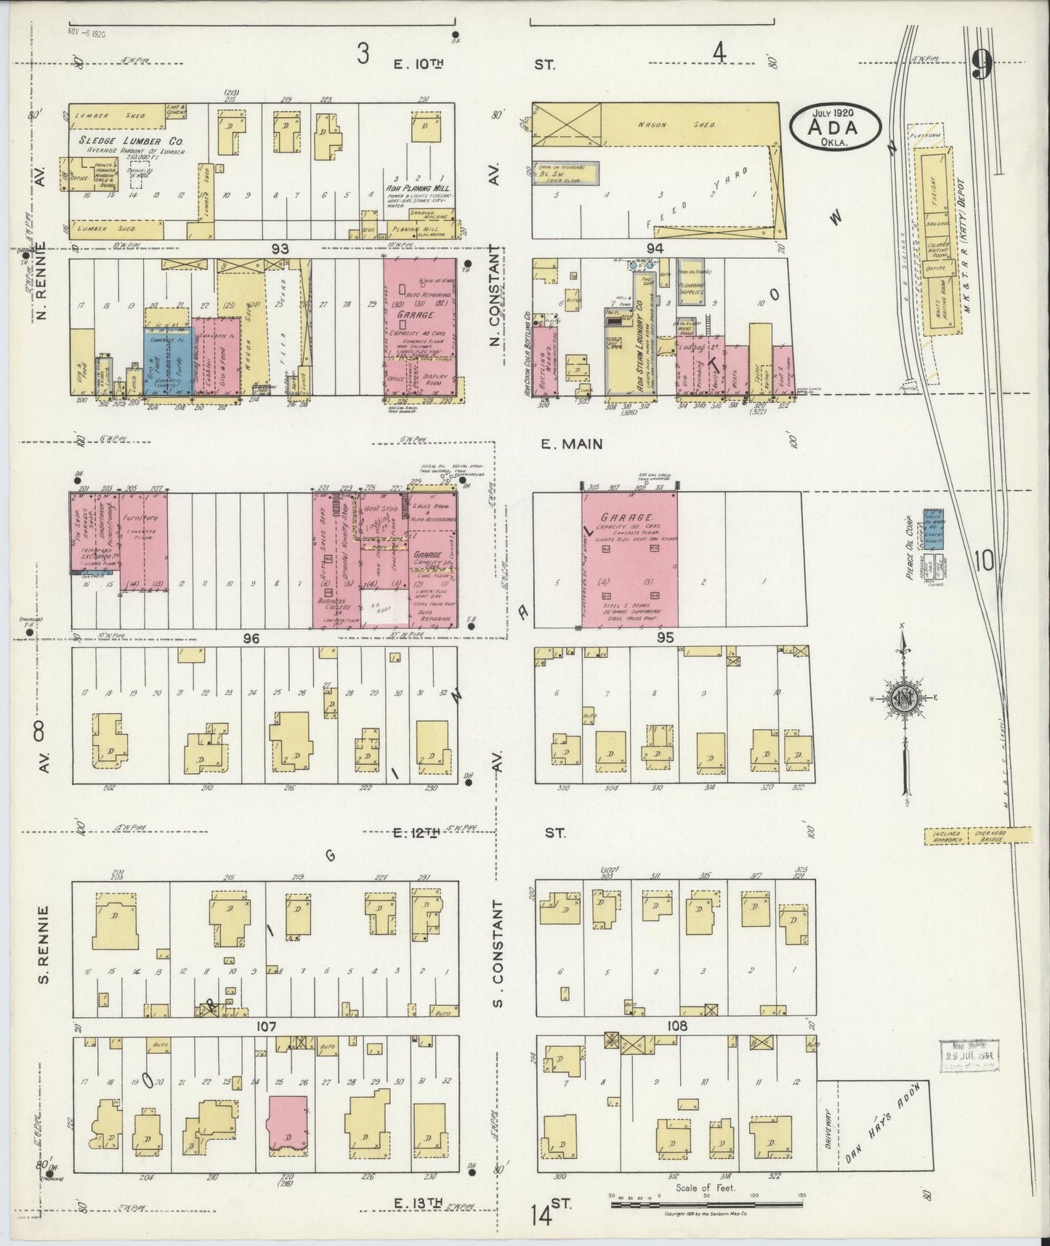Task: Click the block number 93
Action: (x=280, y=249)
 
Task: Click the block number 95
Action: (x=666, y=638)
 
